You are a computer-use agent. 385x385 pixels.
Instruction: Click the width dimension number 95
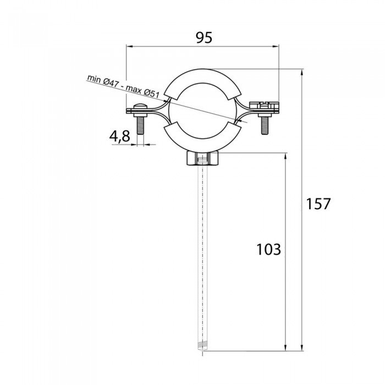pos(204,37)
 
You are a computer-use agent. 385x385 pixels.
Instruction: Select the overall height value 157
pos(318,204)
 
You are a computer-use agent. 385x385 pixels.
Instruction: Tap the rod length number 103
pos(268,249)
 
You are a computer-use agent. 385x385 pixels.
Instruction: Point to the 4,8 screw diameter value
pos(119,136)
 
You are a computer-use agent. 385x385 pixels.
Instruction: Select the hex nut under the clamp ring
pos(203,159)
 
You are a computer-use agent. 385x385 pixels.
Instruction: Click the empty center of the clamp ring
pos(204,110)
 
